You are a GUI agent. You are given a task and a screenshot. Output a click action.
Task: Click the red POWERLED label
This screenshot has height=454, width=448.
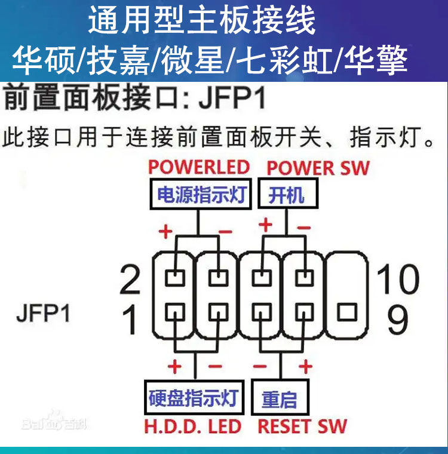tap(199, 167)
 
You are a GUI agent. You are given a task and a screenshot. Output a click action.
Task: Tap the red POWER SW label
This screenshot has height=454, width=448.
tap(318, 168)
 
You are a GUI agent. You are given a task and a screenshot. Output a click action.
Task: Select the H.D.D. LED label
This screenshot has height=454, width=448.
tap(192, 426)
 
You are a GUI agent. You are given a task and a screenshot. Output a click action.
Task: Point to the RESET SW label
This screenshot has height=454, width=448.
tap(302, 426)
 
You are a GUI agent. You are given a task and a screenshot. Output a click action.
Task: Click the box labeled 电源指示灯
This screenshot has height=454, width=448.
tap(201, 194)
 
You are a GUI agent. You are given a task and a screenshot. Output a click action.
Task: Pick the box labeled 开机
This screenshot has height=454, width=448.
tap(288, 194)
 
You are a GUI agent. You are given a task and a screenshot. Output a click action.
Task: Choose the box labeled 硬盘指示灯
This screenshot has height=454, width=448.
tap(194, 397)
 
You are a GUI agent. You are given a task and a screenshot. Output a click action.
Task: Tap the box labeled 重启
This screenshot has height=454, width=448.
tap(280, 397)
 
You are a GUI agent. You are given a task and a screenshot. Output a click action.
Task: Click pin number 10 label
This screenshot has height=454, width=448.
tap(398, 279)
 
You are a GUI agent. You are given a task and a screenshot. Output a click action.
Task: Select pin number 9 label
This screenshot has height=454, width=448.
tap(398, 320)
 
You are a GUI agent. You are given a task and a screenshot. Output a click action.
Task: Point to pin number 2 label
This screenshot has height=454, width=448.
tap(130, 280)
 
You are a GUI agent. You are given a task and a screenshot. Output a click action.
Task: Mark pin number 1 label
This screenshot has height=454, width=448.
tap(130, 320)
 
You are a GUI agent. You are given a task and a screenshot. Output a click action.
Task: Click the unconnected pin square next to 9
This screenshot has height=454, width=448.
tap(347, 312)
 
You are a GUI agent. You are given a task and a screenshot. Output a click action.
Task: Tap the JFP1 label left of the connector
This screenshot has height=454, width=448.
tap(44, 313)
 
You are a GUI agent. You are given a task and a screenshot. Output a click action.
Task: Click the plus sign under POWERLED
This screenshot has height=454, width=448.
tap(165, 231)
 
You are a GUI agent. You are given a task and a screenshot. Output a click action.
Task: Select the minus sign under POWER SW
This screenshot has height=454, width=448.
tap(304, 228)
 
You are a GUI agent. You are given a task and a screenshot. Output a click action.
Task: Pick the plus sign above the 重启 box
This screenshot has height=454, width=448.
tap(305, 366)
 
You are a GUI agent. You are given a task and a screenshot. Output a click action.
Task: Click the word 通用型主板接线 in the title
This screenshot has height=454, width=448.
tap(201, 20)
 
